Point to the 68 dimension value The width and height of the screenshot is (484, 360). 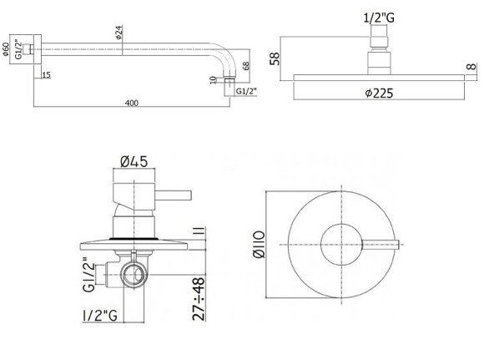(x=246, y=65)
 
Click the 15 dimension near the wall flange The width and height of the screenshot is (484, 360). (x=45, y=76)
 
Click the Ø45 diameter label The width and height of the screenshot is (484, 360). (x=134, y=161)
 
